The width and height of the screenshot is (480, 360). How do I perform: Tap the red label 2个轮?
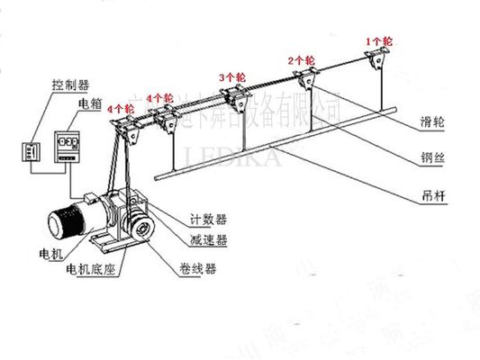[302, 60]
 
